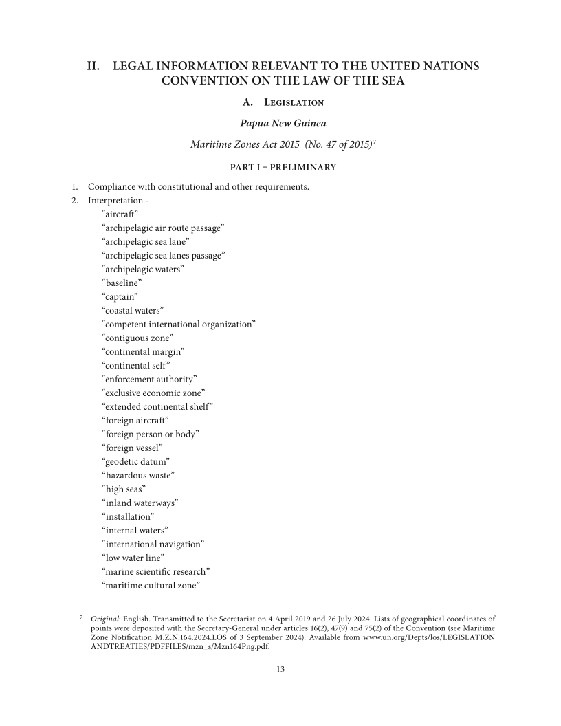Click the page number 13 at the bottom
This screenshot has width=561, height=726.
(x=280, y=670)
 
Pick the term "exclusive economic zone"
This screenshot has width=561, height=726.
(x=153, y=393)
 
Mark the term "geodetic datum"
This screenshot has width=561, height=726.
(x=135, y=461)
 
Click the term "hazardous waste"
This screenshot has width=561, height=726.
(x=138, y=475)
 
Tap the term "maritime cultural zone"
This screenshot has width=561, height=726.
(x=151, y=585)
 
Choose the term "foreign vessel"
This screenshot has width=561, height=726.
(x=132, y=448)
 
